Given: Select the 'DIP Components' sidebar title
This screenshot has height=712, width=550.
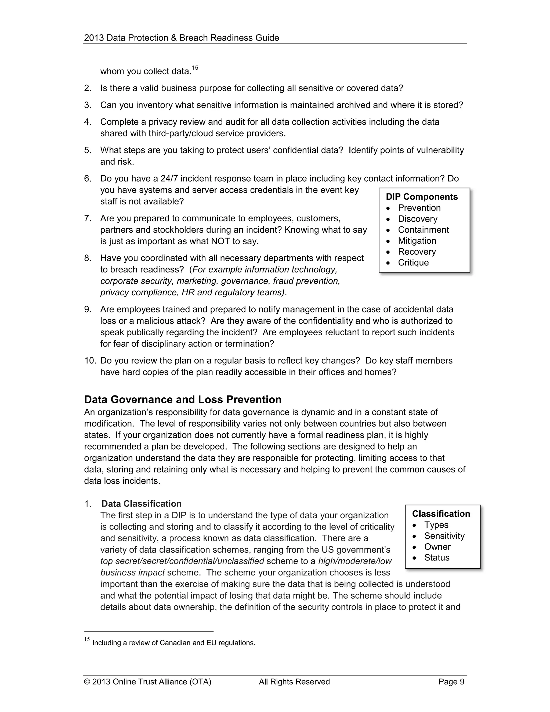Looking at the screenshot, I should pos(422,197).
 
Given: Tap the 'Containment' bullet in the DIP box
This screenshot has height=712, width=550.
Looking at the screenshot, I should pos(423,229).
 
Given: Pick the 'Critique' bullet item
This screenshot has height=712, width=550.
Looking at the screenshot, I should pos(413,262).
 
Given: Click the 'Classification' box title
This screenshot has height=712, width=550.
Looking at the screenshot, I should pos(441,513).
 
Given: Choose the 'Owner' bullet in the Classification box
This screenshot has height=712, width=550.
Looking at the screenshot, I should pos(437,546).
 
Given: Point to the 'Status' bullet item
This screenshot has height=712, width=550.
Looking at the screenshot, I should pos(437,558).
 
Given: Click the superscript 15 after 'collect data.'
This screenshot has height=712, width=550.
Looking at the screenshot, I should pos(195,68).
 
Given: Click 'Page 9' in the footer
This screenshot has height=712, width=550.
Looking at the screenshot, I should pos(451,682).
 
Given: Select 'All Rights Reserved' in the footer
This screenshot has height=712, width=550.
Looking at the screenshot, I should pos(294,682).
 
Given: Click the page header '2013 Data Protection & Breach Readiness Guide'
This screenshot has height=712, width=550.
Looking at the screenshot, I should pos(182,38).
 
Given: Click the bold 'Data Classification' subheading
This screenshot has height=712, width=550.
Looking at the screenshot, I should pos(142,504).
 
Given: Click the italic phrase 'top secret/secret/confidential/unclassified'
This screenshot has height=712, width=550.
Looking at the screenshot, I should pos(182,561).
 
